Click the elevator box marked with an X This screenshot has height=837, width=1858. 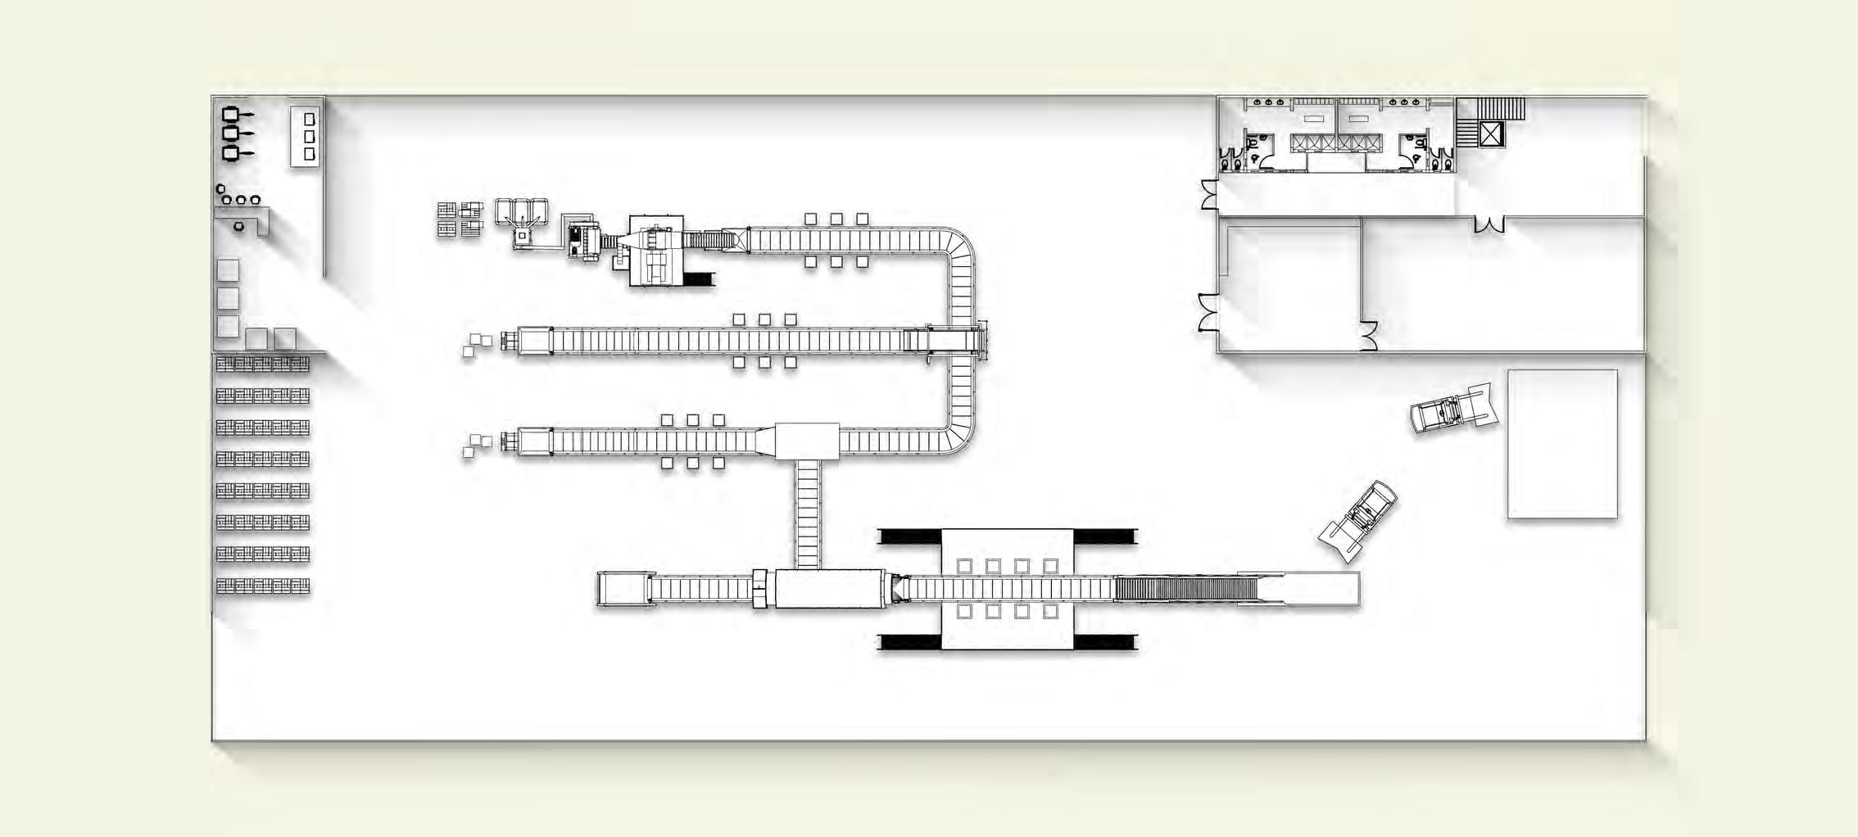pyautogui.click(x=1491, y=134)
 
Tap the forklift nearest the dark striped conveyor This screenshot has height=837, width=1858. pyautogui.click(x=1357, y=519)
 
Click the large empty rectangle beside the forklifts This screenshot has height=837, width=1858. pyautogui.click(x=1562, y=444)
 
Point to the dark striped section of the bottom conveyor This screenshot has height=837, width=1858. pyautogui.click(x=1185, y=589)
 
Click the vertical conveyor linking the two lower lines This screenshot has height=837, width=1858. pyautogui.click(x=808, y=514)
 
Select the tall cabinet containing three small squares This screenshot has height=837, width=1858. pyautogui.click(x=305, y=137)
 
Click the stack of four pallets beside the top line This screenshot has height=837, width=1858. pyautogui.click(x=460, y=219)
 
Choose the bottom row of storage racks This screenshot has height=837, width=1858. pyautogui.click(x=263, y=586)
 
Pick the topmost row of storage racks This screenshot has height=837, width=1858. pyautogui.click(x=263, y=364)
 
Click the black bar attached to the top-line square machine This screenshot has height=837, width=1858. pyautogui.click(x=699, y=279)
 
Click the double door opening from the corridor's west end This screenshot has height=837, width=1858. pyautogui.click(x=1209, y=195)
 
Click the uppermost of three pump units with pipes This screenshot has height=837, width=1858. pyautogui.click(x=232, y=114)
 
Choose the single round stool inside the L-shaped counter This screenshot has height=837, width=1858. pyautogui.click(x=238, y=226)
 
